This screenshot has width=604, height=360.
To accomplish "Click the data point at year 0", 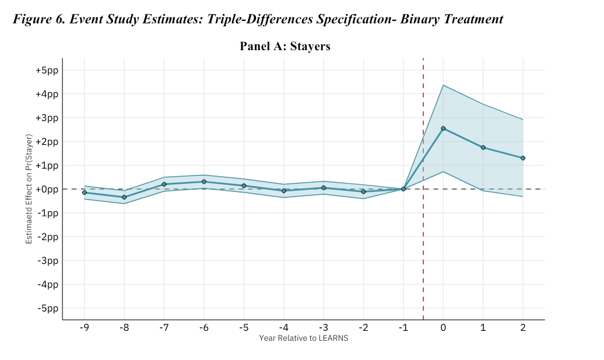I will (x=443, y=128).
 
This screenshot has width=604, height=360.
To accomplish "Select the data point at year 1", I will (x=483, y=148).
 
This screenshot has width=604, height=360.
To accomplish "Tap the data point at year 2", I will (x=523, y=158).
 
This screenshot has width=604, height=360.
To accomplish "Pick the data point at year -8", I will (x=124, y=197).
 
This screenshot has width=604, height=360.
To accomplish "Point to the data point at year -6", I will (x=204, y=182).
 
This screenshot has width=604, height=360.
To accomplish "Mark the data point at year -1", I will (x=403, y=189).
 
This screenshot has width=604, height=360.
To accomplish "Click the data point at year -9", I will (x=85, y=193).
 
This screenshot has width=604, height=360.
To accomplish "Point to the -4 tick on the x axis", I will (x=283, y=328).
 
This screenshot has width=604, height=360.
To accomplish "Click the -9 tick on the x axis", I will (x=84, y=328).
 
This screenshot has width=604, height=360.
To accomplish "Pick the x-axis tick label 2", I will (x=523, y=328).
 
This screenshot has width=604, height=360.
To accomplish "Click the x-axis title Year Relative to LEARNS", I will (x=303, y=338).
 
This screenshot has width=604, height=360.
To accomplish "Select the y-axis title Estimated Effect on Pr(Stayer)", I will (x=29, y=189).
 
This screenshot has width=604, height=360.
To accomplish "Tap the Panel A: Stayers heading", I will (x=285, y=46).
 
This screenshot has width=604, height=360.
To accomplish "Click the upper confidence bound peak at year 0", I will (x=443, y=85).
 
